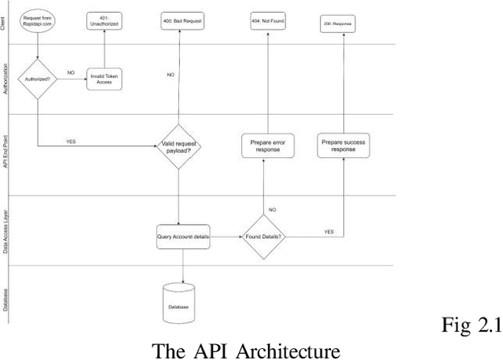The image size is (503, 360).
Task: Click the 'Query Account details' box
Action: click(x=183, y=236)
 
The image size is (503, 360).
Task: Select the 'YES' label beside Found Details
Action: click(x=328, y=232)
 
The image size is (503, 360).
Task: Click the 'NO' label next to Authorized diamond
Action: click(x=71, y=72)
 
